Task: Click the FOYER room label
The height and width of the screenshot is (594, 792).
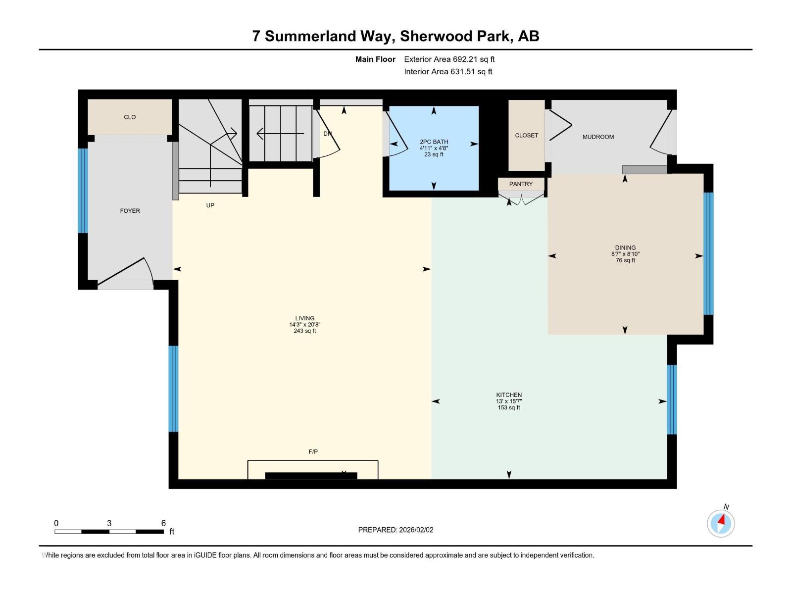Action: (x=130, y=211)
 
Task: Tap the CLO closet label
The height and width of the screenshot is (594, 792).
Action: (x=130, y=117)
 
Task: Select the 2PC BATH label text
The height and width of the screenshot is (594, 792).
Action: (x=434, y=142)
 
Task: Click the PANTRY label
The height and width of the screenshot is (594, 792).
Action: (x=521, y=184)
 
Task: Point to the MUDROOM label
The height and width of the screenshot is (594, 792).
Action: (x=598, y=137)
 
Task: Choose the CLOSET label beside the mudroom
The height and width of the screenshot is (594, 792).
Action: (x=526, y=135)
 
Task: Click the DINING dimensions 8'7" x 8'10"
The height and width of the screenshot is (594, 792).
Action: (x=625, y=254)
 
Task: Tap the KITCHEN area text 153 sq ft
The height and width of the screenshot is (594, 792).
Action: (x=509, y=408)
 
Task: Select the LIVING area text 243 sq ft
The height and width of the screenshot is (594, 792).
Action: (x=304, y=331)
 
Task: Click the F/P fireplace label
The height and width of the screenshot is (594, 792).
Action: (x=313, y=451)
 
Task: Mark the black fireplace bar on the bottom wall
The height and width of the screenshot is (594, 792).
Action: (x=311, y=476)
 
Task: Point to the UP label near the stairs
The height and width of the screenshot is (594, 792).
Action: (x=210, y=205)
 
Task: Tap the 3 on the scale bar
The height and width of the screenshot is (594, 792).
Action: (x=109, y=523)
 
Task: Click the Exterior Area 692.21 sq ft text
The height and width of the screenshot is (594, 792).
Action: (x=449, y=59)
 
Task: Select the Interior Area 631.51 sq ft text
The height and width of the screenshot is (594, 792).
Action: (x=448, y=72)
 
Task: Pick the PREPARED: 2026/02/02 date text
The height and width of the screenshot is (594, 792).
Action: (x=396, y=530)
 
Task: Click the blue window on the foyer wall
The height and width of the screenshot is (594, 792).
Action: (x=83, y=191)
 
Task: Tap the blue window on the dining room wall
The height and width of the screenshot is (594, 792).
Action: (x=708, y=253)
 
